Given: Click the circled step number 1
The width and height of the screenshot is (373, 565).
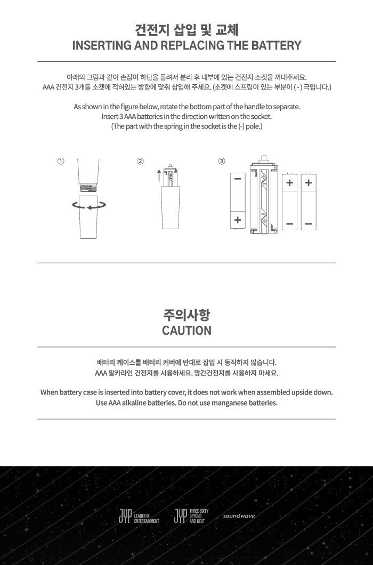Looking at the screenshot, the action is click(x=61, y=162).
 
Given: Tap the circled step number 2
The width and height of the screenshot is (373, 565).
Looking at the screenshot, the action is click(x=140, y=162).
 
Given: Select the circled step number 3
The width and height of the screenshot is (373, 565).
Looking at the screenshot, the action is click(x=222, y=162).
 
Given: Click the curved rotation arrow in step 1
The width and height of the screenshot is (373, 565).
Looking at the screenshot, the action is click(x=89, y=206).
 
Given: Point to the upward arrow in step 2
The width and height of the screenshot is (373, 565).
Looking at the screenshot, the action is click(x=159, y=175).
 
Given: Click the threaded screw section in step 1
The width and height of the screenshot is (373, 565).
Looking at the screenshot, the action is click(x=88, y=188).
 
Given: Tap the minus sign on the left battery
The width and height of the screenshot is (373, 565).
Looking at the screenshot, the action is click(x=238, y=179).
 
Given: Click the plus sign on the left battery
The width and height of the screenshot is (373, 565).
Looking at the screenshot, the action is click(x=238, y=220).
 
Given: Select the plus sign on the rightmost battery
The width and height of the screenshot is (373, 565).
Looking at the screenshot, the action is click(x=309, y=183).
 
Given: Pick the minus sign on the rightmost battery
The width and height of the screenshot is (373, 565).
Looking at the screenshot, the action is click(x=309, y=224).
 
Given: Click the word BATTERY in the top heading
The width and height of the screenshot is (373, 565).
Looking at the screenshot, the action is click(x=277, y=45).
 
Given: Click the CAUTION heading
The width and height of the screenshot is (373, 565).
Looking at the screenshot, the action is click(x=186, y=330).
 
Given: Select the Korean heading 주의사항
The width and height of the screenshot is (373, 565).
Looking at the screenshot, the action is click(x=186, y=314).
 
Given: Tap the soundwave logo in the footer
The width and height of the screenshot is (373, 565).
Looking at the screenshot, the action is click(x=239, y=516).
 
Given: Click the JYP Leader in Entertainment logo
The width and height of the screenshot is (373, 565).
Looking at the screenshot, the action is click(x=139, y=516).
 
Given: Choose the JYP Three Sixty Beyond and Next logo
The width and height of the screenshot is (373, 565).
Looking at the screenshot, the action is click(x=191, y=516).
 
